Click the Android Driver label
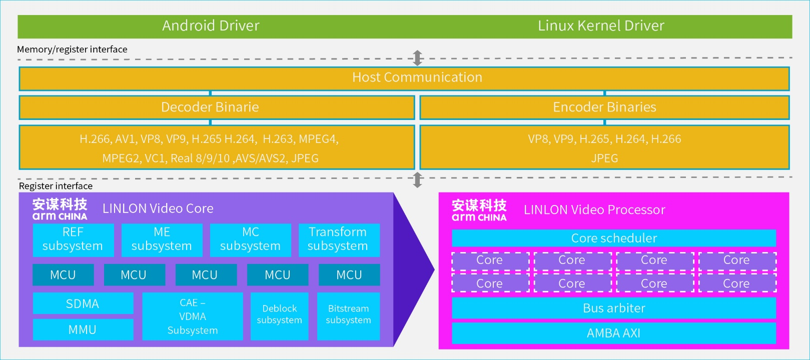(x=211, y=25)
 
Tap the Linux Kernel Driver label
(x=601, y=25)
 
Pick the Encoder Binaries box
(x=604, y=107)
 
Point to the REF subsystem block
(x=73, y=239)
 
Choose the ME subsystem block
(x=162, y=239)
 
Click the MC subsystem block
(x=250, y=239)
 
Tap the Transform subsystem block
(x=339, y=239)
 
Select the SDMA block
(x=83, y=303)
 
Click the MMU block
(x=83, y=329)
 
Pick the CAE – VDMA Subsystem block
(x=193, y=316)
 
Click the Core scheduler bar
(x=614, y=238)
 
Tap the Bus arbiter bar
(x=614, y=308)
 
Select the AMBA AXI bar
(x=614, y=333)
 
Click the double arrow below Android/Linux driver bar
(x=418, y=58)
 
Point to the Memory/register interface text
(x=72, y=49)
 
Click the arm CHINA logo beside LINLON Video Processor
(x=479, y=210)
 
